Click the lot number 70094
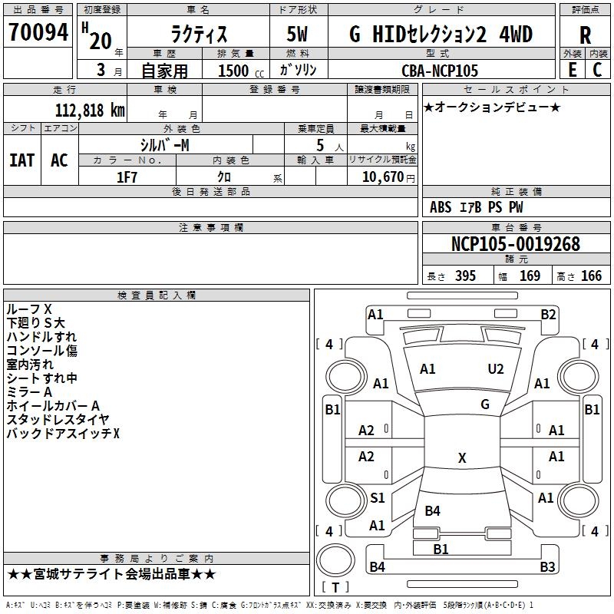pos(38,32)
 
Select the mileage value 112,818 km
pos(90,111)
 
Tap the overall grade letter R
pos(585,35)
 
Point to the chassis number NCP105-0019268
pos(516,244)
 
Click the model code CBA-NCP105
pos(440,71)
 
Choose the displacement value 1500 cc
pos(241,71)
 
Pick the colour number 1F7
pos(127,177)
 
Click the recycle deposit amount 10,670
pos(382,177)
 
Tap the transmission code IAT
pos(21,160)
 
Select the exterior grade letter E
pos(573,70)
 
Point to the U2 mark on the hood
pos(495,369)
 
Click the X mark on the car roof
pos(462,458)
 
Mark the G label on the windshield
pos(485,404)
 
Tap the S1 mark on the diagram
pos(378,498)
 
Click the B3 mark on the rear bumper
pos(547,567)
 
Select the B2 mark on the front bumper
pos(548,315)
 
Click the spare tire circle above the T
pos(335,560)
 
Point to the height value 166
pos(591,276)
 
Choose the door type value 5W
pos(297,34)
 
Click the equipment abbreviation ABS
pos(441,207)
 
